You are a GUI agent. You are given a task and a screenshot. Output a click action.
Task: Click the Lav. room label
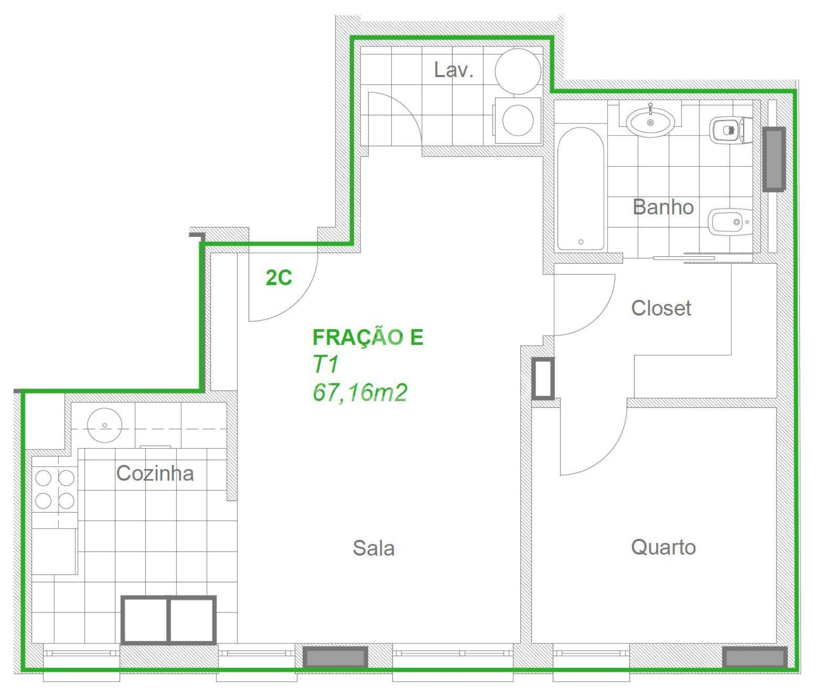point(453,70)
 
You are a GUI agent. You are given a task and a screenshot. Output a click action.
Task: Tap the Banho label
point(663,207)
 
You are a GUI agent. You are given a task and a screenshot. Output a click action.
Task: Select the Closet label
point(661,308)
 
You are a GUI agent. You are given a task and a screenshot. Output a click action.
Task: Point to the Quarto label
point(663,547)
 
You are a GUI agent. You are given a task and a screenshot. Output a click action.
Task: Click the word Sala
point(373,548)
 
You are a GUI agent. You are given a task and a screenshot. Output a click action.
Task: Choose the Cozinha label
point(155,473)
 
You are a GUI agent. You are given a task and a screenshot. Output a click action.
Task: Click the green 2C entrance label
point(279,278)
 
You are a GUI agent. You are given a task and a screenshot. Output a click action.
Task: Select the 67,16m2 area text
point(360,393)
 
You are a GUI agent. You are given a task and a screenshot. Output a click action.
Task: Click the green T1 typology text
point(326,365)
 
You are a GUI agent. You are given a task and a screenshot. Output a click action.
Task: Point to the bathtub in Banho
point(580,189)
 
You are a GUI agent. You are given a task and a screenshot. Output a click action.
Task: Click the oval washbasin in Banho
point(650,122)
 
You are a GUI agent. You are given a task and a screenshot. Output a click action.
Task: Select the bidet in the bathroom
point(730,222)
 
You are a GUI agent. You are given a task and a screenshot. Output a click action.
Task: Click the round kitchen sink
point(105,425)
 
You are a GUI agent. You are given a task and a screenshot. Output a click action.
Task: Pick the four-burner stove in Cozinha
point(55,489)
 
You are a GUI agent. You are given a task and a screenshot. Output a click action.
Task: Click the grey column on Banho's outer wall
point(774,159)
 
